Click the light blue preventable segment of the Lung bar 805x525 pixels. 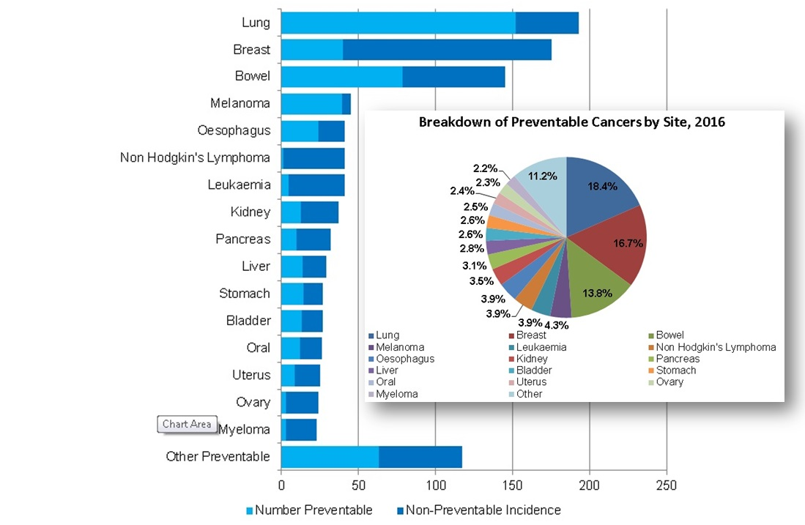pos(398,23)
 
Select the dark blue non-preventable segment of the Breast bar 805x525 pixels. pos(447,50)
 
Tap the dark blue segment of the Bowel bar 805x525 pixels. pos(454,77)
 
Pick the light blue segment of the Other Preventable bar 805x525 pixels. pos(330,457)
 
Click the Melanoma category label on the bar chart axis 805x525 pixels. pos(240,103)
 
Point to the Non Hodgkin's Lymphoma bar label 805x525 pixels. pos(195,157)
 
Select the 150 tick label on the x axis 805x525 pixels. pos(512,485)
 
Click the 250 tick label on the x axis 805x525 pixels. pos(667,485)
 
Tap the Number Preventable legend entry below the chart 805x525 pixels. pos(310,510)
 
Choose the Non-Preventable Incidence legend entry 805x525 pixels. pos(479,510)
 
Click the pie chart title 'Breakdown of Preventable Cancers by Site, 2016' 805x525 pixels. pos(572,122)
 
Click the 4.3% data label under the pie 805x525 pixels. pos(557,325)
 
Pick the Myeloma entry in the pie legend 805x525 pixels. pos(393,394)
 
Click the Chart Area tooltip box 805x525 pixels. pos(187,425)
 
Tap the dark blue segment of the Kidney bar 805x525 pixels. pos(319,212)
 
